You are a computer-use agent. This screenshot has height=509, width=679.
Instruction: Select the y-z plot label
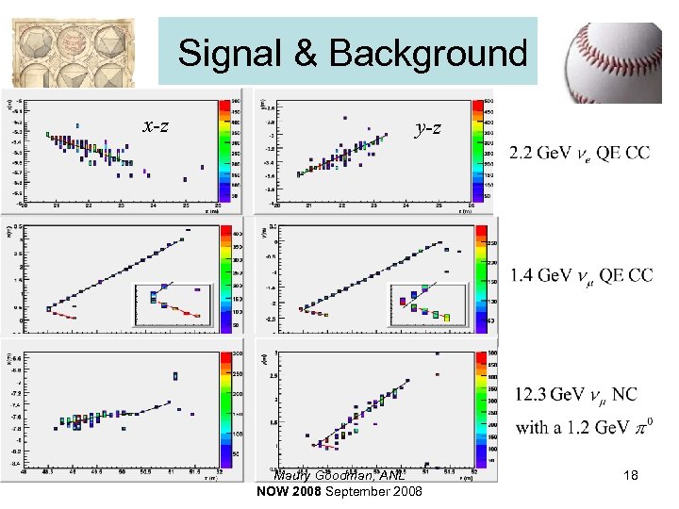coord(428,125)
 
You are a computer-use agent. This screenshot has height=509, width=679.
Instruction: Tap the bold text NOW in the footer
coord(273,492)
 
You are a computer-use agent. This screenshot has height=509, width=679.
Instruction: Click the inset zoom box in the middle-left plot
coord(174,303)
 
